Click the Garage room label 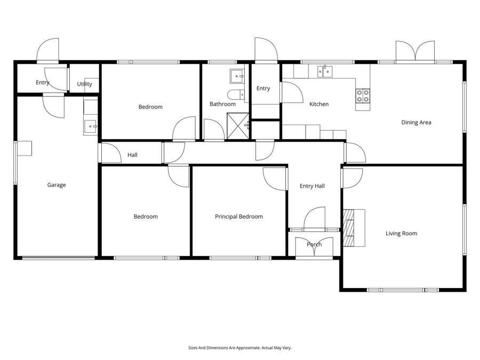pos(57,185)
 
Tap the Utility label pos(84,84)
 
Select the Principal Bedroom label pos(239,217)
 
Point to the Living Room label pos(401,233)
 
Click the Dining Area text pos(416,122)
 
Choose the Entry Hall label pos(312,186)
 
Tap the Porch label pos(314,245)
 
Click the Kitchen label pos(319,104)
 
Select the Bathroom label pos(222,104)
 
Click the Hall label pos(132,155)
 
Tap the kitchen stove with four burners pos(363,96)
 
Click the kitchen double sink pos(324,71)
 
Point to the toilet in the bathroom pos(235,95)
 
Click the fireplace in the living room pos(350,227)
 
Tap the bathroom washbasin pos(237,77)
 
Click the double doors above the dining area pos(415,52)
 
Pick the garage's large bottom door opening pos(59,259)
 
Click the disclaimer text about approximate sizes pos(240,348)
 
